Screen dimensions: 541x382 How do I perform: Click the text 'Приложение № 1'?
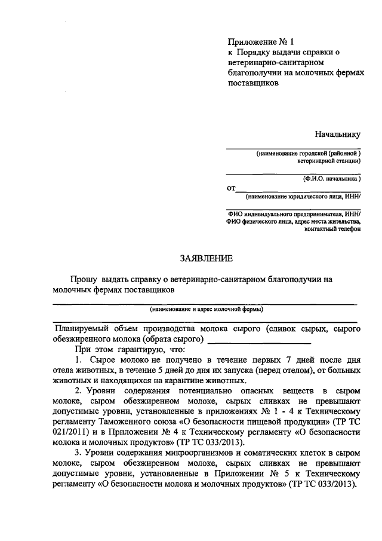tap(261, 42)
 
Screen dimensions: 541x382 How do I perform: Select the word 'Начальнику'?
tap(338, 135)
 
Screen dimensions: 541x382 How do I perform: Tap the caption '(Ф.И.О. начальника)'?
tap(331, 178)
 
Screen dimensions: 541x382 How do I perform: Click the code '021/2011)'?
tap(71, 430)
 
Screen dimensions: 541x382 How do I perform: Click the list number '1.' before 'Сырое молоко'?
tap(79, 361)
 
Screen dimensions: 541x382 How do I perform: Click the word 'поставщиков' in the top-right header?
tap(254, 83)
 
